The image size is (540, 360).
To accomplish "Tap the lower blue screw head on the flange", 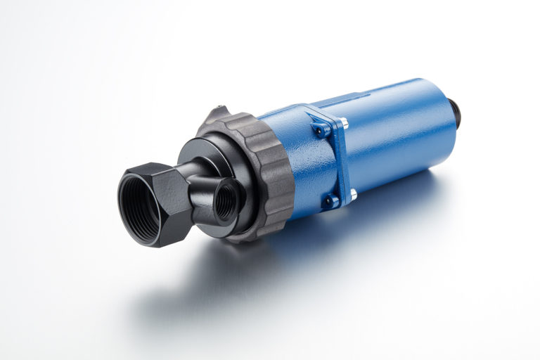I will click(329, 202).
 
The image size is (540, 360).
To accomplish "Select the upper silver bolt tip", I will click(344, 122).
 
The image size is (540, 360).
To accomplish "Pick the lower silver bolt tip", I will click(352, 193).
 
